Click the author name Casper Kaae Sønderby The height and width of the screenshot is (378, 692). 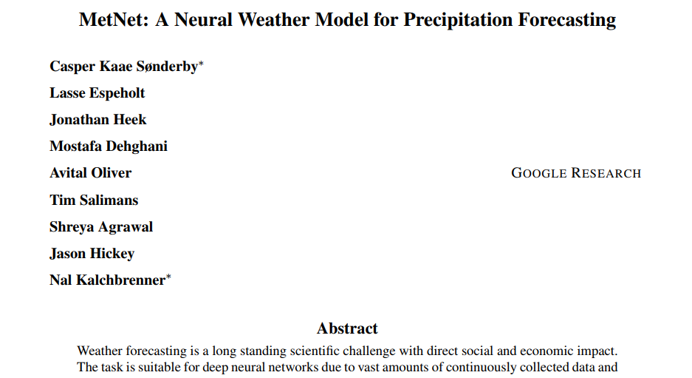click(x=123, y=67)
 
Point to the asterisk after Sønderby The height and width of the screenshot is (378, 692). click(x=201, y=64)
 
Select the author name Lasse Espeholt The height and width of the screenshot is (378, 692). click(x=97, y=93)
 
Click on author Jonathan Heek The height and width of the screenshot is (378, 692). click(x=97, y=120)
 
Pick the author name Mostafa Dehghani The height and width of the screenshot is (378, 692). click(x=108, y=146)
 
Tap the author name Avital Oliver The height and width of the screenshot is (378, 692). click(x=90, y=173)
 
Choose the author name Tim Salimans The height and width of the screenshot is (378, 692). click(x=94, y=200)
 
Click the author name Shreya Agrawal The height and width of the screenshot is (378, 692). click(x=101, y=227)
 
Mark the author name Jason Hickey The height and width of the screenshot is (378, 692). click(x=92, y=254)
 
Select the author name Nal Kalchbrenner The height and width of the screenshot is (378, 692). click(x=107, y=280)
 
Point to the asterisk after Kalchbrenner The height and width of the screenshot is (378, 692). click(x=168, y=277)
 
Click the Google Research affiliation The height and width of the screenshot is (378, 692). click(x=576, y=173)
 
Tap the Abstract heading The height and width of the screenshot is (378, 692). click(x=346, y=328)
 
